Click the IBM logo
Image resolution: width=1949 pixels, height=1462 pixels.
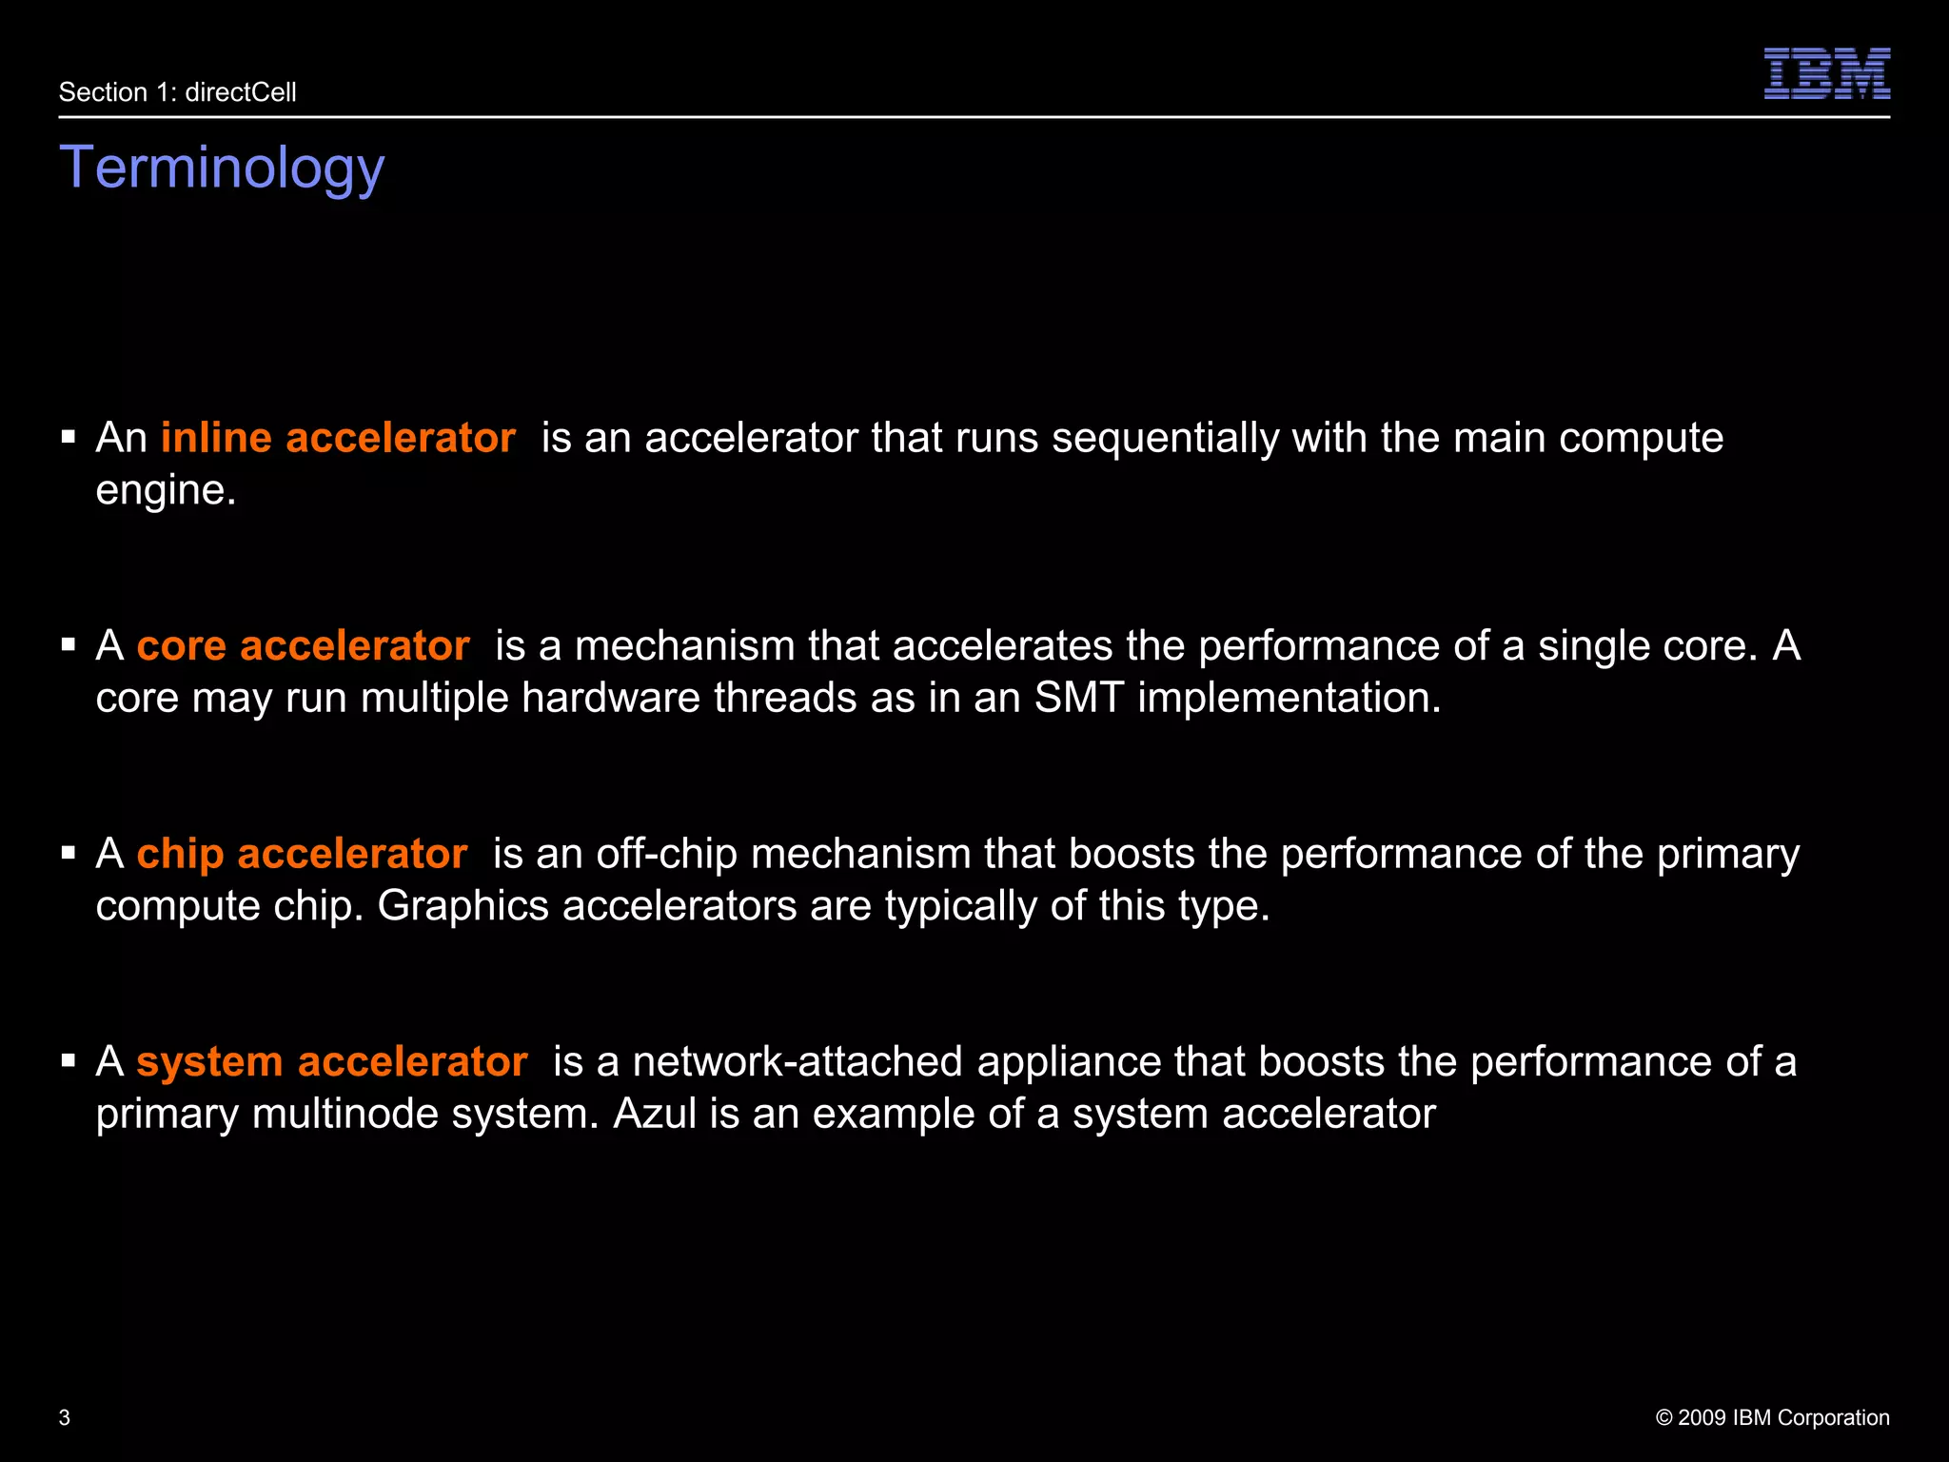click(1826, 73)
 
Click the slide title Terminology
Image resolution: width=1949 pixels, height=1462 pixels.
click(222, 168)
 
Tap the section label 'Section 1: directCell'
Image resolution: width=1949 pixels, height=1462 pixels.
click(178, 92)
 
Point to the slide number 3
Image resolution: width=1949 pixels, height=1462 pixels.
click(65, 1417)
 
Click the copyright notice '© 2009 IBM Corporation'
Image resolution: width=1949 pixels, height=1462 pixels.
click(1772, 1417)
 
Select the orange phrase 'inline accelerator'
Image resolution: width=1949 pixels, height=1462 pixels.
click(338, 438)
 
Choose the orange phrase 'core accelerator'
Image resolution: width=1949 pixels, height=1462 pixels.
click(303, 645)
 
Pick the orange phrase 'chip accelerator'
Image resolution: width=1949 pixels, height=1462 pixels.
click(302, 853)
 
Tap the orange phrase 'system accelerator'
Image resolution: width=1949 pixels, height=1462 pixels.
click(331, 1061)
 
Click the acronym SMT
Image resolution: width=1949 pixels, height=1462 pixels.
click(1079, 698)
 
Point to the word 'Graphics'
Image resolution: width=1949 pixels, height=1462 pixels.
click(463, 905)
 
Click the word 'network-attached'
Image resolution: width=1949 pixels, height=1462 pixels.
click(797, 1061)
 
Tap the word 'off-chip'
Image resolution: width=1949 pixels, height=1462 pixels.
click(666, 853)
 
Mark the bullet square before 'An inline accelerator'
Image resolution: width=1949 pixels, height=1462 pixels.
click(69, 438)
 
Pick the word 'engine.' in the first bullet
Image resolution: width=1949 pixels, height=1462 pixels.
click(166, 490)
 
